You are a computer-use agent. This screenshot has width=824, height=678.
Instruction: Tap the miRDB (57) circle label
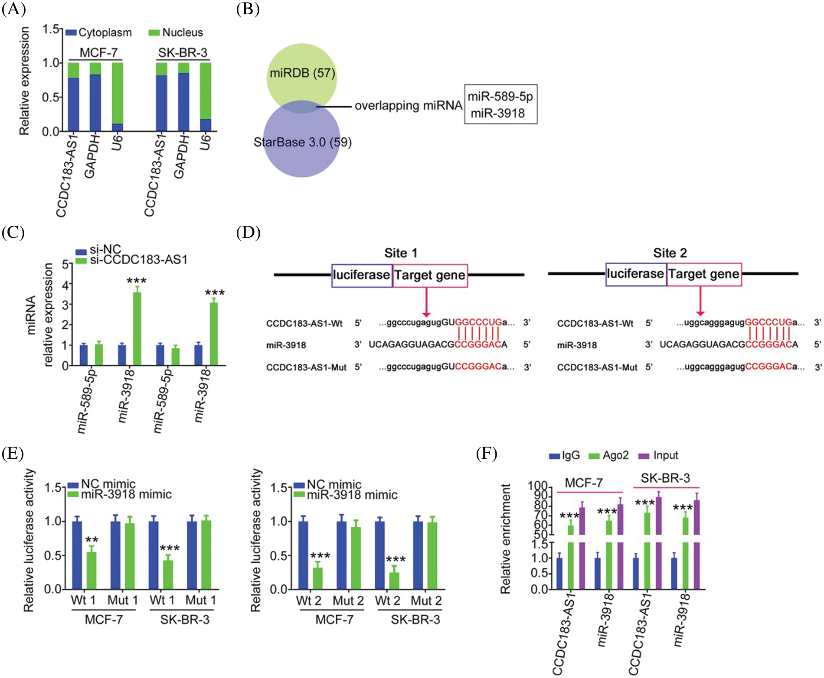(302, 73)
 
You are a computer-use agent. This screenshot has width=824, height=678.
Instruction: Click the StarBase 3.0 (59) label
(302, 142)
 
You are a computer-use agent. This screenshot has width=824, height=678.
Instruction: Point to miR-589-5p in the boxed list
(500, 96)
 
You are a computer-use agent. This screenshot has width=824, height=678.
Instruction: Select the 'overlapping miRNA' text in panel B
(408, 106)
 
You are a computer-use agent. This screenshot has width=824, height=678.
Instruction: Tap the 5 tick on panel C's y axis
(65, 264)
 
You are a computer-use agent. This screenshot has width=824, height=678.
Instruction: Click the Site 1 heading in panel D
(401, 253)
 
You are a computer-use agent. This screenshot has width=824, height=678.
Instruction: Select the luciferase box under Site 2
(635, 274)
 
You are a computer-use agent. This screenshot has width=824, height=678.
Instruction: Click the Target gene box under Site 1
(430, 275)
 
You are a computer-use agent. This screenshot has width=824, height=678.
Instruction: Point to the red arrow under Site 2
(700, 301)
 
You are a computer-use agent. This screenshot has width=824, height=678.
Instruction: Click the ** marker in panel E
(92, 540)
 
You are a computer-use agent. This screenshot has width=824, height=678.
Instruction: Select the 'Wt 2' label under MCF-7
(309, 601)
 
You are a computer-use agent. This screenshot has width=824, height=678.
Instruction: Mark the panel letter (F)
(487, 454)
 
